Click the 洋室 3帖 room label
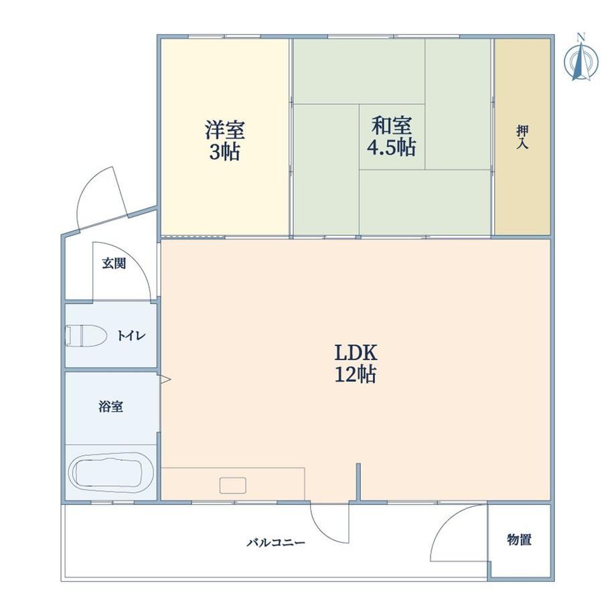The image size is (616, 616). pos(225,141)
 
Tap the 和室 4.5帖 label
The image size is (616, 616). pos(392,137)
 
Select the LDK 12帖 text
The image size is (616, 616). pos(356,364)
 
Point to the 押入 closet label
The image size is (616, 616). pos(522,137)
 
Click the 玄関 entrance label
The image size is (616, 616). pos(114,264)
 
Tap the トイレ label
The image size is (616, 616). pos(132,336)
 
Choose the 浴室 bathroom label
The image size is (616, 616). pos(110,406)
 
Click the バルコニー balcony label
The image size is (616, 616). pos(276,543)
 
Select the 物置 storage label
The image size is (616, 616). pos(520,540)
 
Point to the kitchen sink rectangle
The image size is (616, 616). pos(233,485)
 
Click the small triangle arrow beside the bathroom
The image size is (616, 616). pos(165,379)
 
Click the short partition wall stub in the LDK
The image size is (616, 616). pos(358,483)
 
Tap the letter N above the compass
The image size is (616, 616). pos(581,37)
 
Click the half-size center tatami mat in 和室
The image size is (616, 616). pos(392,137)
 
